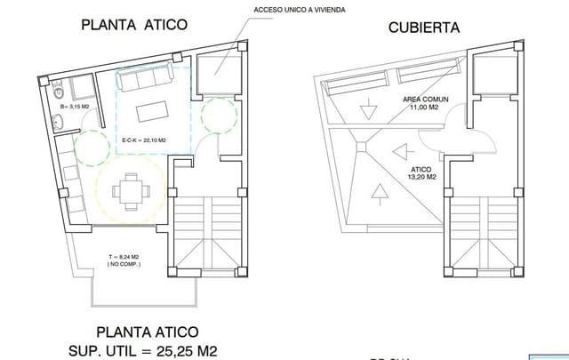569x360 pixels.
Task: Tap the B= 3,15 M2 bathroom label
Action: [74, 107]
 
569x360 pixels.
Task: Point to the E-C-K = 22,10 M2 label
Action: [144, 140]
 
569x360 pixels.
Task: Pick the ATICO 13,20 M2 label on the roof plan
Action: [421, 172]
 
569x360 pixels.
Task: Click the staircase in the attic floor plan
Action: [207, 233]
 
